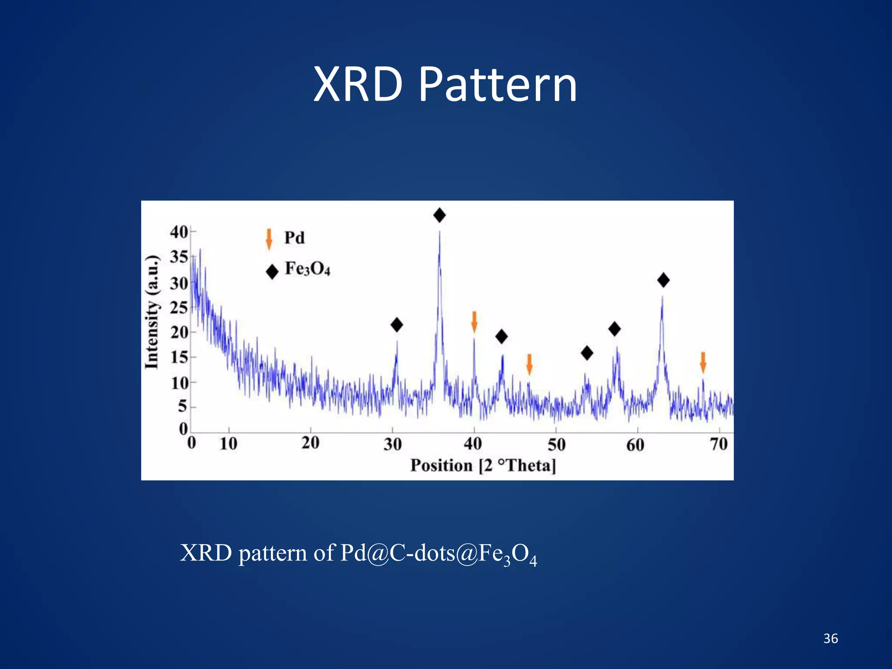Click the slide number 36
(x=831, y=639)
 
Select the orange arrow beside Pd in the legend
(x=269, y=239)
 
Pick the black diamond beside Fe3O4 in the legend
(x=272, y=272)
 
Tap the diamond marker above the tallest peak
(x=439, y=215)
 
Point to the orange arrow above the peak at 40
(x=474, y=322)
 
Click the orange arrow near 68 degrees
(x=703, y=362)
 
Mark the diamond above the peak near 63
(x=663, y=280)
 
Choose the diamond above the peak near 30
(x=397, y=325)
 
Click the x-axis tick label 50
(x=557, y=445)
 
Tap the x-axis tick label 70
(x=719, y=444)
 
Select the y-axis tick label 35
(x=179, y=257)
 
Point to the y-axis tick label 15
(x=179, y=358)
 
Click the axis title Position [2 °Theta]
(x=483, y=466)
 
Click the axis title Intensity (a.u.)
(x=152, y=312)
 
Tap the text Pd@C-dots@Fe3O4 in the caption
(x=438, y=554)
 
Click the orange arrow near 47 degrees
(x=529, y=364)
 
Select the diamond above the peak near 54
(x=587, y=353)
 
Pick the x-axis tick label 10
(x=228, y=444)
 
